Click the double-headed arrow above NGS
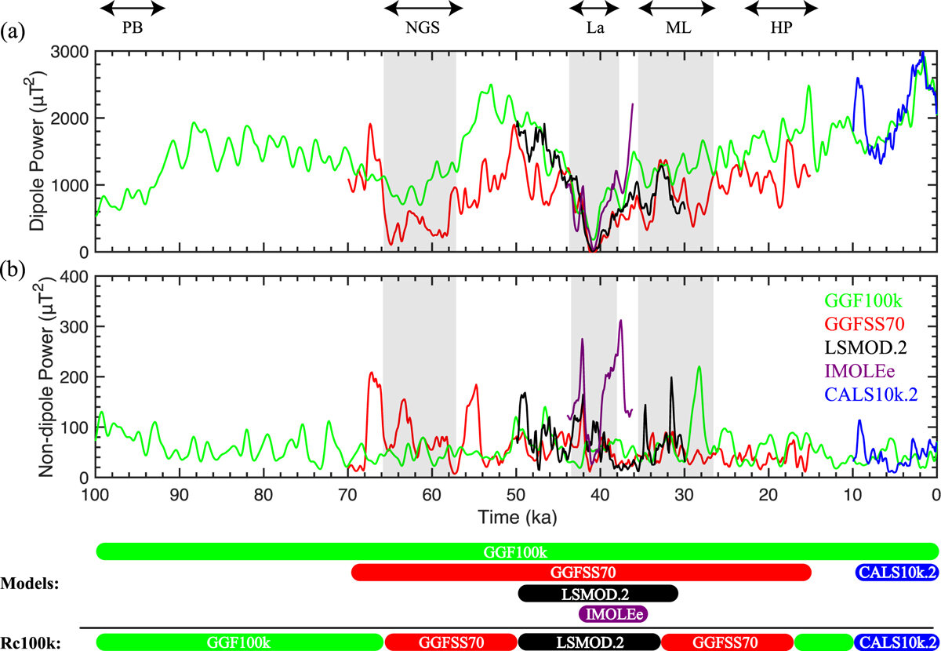[x=423, y=9]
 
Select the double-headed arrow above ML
[x=677, y=9]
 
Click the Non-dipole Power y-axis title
[x=37, y=377]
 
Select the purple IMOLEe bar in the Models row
[x=616, y=613]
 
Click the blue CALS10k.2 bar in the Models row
[x=896, y=573]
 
